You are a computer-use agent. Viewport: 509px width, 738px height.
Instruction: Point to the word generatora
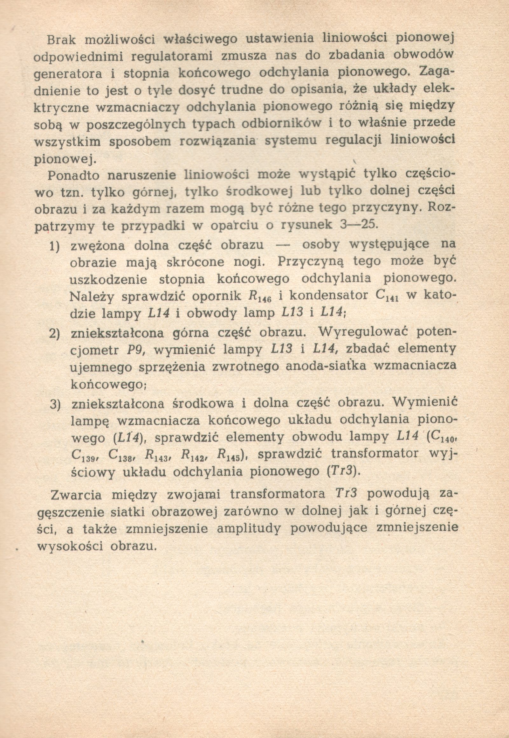68,74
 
